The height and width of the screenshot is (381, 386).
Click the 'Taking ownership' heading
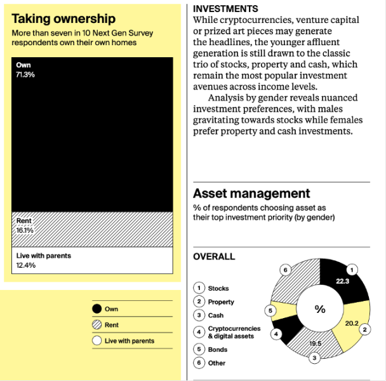63,19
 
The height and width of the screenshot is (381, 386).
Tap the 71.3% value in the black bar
25,74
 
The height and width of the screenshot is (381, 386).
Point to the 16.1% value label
25,230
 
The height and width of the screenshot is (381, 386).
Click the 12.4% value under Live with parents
25,265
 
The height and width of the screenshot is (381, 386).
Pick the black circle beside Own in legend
97,309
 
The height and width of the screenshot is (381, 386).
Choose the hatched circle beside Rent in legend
97,325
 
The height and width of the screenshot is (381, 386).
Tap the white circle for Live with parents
97,341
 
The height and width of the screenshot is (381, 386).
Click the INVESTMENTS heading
225,9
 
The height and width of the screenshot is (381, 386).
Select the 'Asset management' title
251,193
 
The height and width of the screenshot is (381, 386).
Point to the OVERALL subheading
214,257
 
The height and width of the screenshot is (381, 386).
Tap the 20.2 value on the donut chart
352,322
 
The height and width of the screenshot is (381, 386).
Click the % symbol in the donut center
320,309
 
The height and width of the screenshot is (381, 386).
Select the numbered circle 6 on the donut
286,270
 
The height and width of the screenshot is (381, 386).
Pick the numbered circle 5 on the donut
270,310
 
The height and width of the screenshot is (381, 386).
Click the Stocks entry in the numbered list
218,289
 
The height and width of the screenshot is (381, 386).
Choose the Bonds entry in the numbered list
217,349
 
